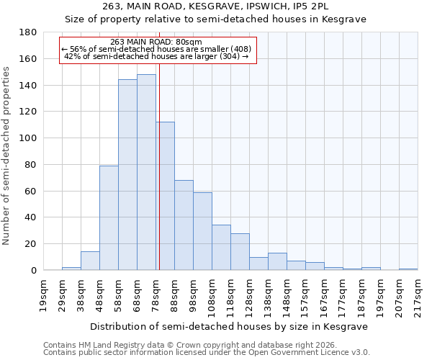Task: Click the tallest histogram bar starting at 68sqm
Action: point(146,173)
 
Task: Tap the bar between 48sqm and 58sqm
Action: point(109,218)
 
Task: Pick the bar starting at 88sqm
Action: point(184,225)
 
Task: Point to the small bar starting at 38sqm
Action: point(90,261)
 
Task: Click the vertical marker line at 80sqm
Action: point(158,166)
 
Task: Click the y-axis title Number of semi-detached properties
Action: point(7,155)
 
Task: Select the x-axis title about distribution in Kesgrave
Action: point(230,326)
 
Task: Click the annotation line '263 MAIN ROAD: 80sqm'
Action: point(156,42)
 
